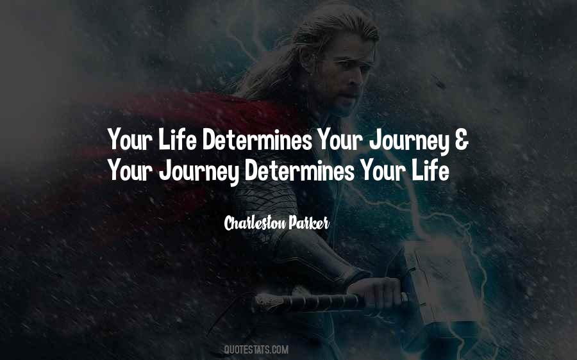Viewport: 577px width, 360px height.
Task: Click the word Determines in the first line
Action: [x=257, y=140]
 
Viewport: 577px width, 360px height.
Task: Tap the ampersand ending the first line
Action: [x=462, y=140]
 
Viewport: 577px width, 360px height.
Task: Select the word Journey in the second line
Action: [x=199, y=172]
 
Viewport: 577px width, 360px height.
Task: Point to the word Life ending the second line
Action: [x=431, y=170]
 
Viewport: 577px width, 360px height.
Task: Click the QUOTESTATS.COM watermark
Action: [x=256, y=349]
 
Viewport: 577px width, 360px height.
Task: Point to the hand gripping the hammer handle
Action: [x=375, y=292]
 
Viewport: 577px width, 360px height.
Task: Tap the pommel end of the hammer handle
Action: [x=263, y=304]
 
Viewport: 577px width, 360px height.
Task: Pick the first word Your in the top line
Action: [x=131, y=140]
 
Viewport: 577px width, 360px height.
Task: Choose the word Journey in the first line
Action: [x=409, y=140]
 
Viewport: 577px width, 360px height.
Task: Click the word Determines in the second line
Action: [x=299, y=170]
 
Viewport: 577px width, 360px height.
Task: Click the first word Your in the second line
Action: [x=131, y=170]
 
